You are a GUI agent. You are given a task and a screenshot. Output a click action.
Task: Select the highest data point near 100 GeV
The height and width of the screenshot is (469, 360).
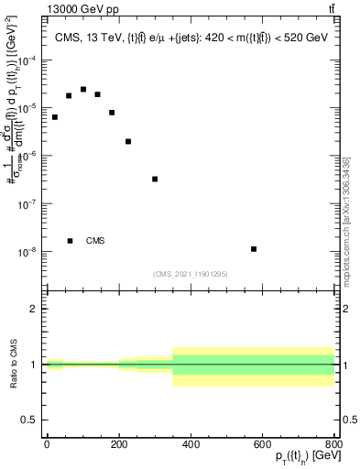click(83, 89)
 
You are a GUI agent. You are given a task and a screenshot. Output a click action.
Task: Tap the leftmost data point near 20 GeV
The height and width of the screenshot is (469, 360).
click(54, 117)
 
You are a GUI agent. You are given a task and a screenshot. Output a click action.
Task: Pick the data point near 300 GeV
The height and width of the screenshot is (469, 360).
click(155, 179)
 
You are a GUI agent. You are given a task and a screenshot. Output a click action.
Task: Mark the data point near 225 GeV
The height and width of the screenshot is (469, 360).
click(128, 141)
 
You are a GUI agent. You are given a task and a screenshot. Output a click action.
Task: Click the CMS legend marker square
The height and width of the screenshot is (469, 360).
click(70, 241)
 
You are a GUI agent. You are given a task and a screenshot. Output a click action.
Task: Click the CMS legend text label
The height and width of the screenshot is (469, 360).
click(95, 241)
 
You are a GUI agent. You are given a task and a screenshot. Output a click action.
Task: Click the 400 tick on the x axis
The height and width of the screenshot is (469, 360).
click(191, 444)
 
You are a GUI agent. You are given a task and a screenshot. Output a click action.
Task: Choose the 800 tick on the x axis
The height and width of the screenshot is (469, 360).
click(334, 444)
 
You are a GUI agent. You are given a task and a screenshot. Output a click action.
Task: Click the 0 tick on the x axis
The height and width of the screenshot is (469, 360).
click(47, 444)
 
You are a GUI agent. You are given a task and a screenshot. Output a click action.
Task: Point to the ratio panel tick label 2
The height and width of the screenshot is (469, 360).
click(34, 309)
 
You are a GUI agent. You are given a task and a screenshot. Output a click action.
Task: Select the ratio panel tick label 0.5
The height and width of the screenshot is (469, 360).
click(30, 420)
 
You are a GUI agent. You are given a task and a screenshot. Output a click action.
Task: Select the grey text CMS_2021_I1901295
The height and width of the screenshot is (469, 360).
click(190, 274)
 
